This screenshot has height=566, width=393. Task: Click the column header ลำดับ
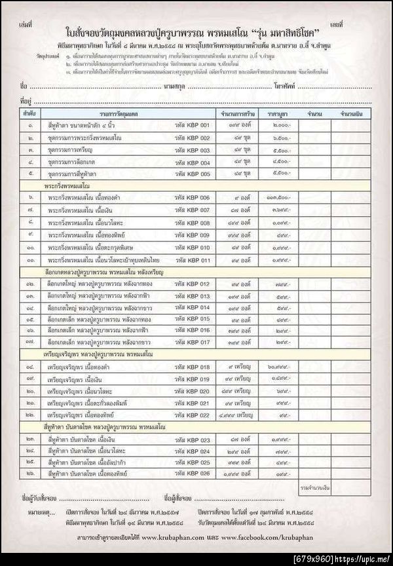(29, 114)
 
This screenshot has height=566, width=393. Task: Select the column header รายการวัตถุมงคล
(108, 114)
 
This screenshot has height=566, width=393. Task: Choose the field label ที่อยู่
(26, 100)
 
